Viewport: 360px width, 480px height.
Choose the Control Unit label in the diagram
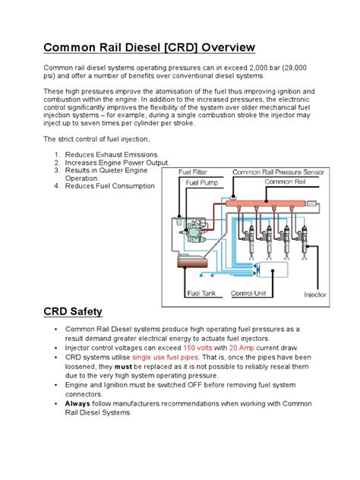click(248, 292)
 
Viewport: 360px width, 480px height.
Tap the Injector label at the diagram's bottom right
click(315, 294)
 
